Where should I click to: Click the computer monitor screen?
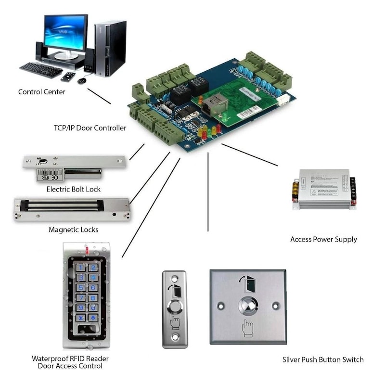(66, 33)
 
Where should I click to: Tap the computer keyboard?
(41, 70)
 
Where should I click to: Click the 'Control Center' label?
(41, 91)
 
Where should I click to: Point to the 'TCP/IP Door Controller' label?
(90, 128)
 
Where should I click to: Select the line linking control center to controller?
(99, 96)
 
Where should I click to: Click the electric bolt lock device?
(72, 166)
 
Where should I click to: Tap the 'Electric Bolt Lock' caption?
(74, 189)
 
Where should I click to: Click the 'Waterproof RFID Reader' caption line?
(70, 359)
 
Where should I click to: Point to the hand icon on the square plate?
(247, 329)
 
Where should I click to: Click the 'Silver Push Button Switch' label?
(323, 359)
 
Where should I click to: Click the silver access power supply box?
(324, 189)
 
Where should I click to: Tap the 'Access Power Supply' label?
(323, 239)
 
